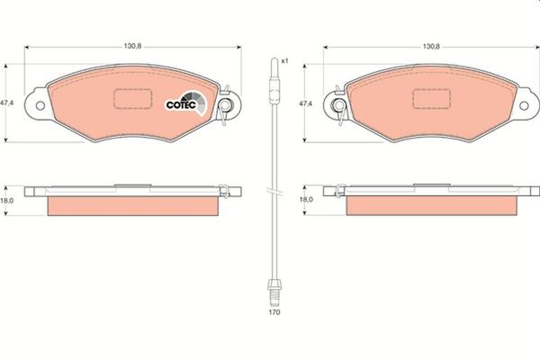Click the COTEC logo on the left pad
click(186, 103)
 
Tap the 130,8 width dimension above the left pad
click(132, 46)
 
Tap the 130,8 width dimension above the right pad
click(431, 46)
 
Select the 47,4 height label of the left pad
click(7, 103)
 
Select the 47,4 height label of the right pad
click(305, 103)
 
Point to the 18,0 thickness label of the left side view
click(7, 201)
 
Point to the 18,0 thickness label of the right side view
click(306, 199)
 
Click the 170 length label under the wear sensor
click(274, 312)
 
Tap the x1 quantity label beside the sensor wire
click(284, 61)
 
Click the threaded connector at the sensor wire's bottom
click(274, 292)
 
